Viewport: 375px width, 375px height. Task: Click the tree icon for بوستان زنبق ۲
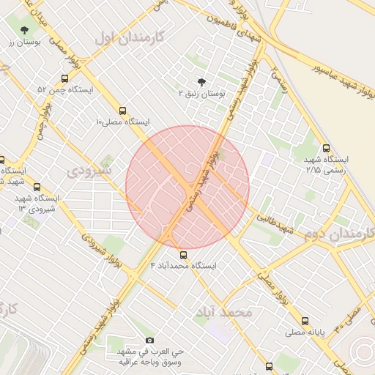click(x=201, y=82)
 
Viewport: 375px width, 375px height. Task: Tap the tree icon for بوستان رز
click(x=25, y=30)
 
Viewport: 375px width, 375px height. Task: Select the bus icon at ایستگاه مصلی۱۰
click(x=122, y=109)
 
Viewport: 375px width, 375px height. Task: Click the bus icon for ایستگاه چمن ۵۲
click(x=65, y=78)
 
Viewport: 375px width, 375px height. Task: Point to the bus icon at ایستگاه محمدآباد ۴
click(x=183, y=255)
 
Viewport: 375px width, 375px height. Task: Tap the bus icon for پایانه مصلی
click(x=305, y=320)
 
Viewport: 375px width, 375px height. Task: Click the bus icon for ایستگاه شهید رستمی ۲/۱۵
click(x=326, y=148)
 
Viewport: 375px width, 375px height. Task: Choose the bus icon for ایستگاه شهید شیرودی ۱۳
click(x=37, y=187)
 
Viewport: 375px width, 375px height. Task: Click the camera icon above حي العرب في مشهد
click(x=150, y=340)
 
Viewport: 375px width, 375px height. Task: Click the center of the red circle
click(x=187, y=187)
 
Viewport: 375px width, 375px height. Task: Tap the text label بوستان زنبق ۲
click(x=201, y=94)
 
